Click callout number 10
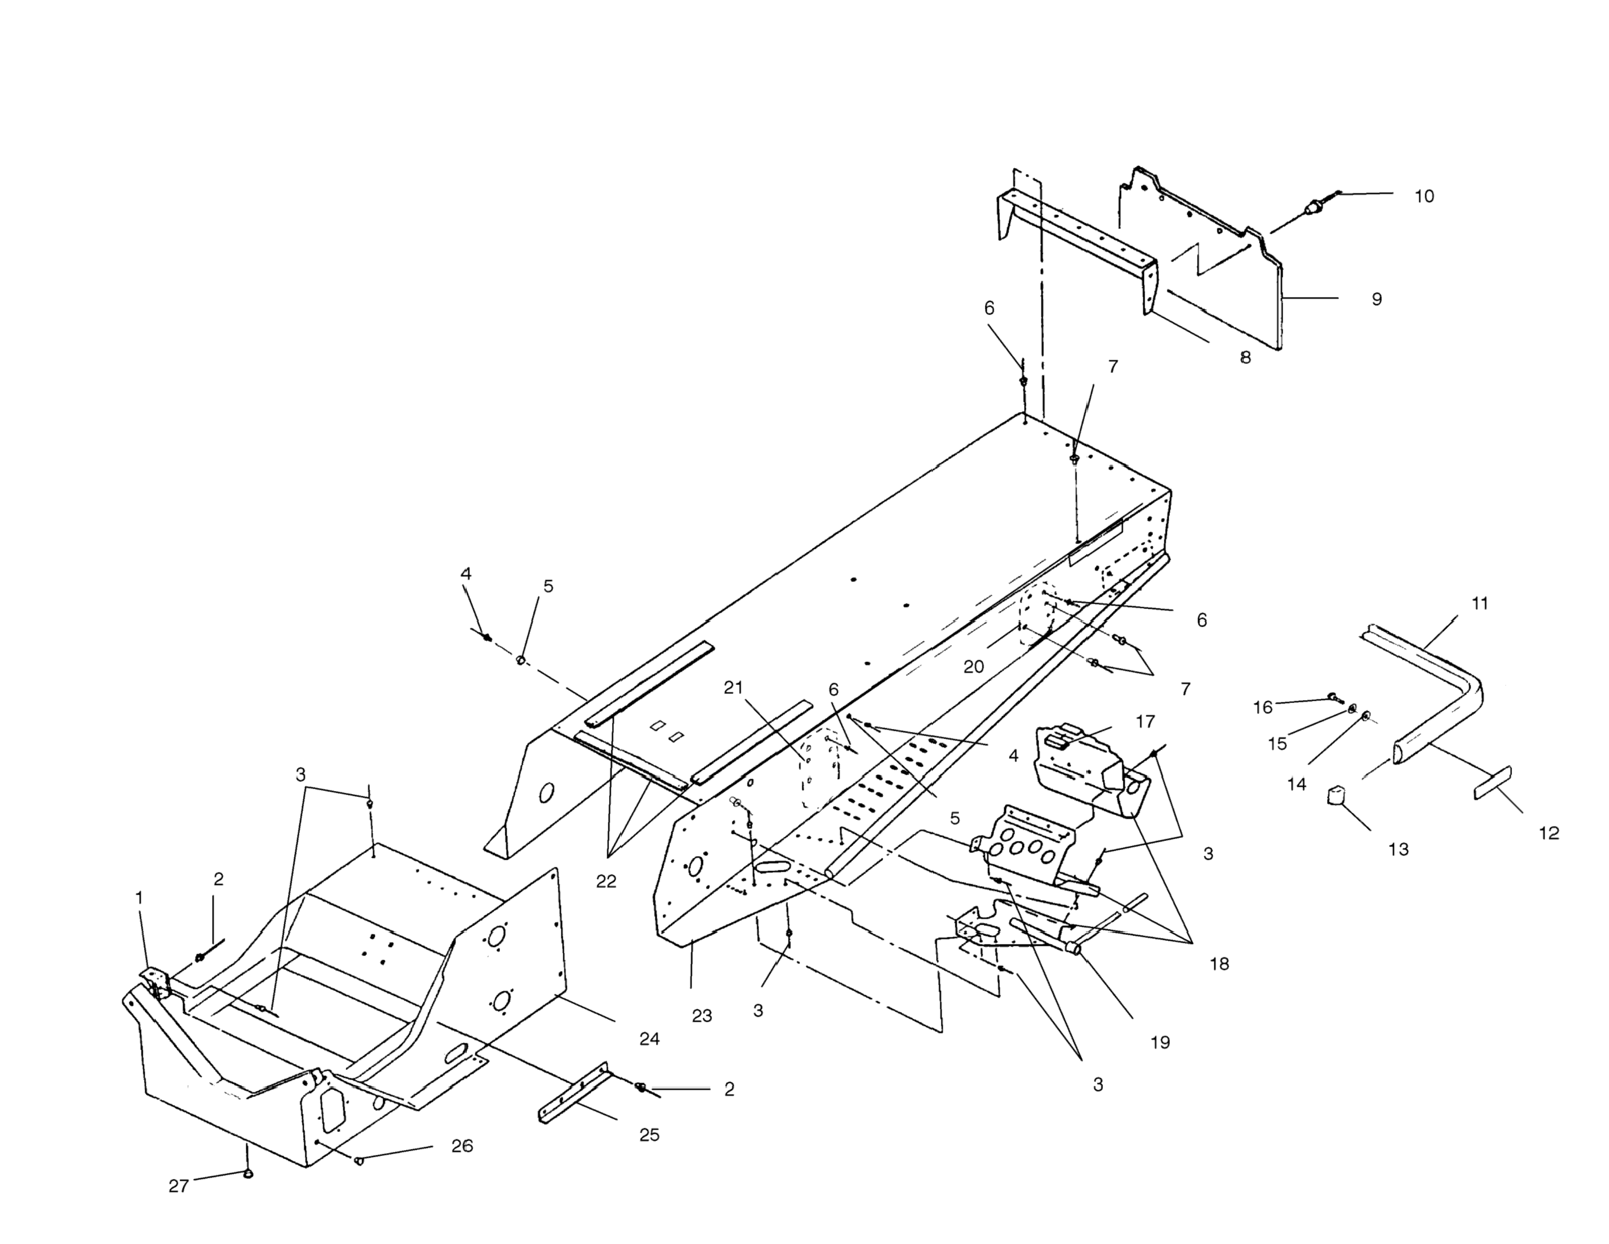pyautogui.click(x=1424, y=197)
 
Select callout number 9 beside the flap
pyautogui.click(x=1376, y=299)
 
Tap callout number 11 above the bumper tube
pyautogui.click(x=1479, y=604)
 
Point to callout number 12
pyautogui.click(x=1549, y=834)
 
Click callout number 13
pyautogui.click(x=1398, y=850)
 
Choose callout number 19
pyautogui.click(x=1160, y=1042)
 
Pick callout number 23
pyautogui.click(x=701, y=1016)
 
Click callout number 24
pyautogui.click(x=649, y=1039)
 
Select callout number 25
pyautogui.click(x=649, y=1135)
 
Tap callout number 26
pyautogui.click(x=462, y=1146)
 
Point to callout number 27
pyautogui.click(x=178, y=1186)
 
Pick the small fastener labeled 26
pyautogui.click(x=360, y=1161)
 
